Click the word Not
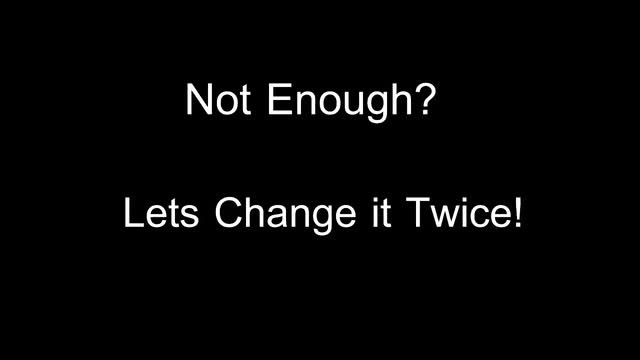(x=218, y=99)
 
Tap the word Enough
(x=340, y=103)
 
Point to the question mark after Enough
(x=425, y=99)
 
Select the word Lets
(x=161, y=212)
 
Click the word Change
(x=285, y=216)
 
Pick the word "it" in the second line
(x=381, y=212)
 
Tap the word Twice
(x=458, y=212)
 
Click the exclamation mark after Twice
(x=518, y=212)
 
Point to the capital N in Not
(x=199, y=99)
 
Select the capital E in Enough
(x=279, y=99)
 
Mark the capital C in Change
(x=229, y=212)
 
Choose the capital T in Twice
(x=418, y=212)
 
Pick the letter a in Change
(x=277, y=217)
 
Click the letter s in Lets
(x=189, y=217)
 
